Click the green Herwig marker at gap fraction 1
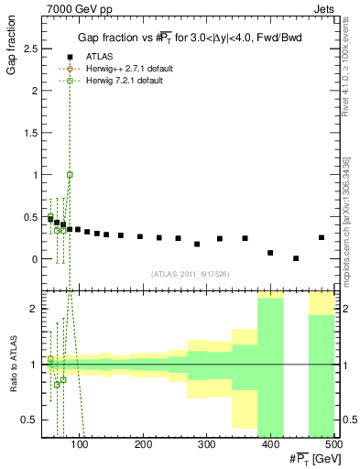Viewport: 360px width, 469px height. coord(70,174)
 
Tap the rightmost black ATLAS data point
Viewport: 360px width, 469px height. coord(321,237)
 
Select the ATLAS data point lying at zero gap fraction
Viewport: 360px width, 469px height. coord(296,258)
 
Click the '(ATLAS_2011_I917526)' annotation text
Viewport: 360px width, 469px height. coord(189,274)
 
